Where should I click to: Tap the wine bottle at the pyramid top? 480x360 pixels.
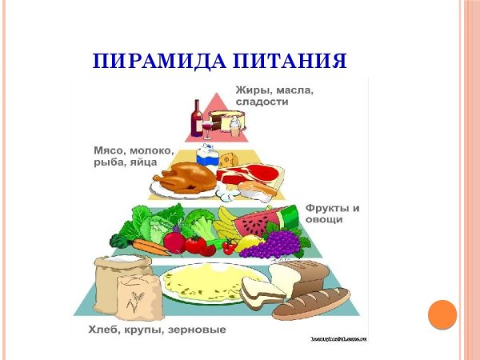point(197,119)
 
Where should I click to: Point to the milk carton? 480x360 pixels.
point(206,154)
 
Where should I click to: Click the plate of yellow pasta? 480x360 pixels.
point(200,281)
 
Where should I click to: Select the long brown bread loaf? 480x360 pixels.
point(310,303)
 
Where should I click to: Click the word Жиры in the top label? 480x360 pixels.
point(253,91)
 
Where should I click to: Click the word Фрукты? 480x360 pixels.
point(326,208)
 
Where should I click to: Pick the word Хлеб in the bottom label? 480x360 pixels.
point(102,330)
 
